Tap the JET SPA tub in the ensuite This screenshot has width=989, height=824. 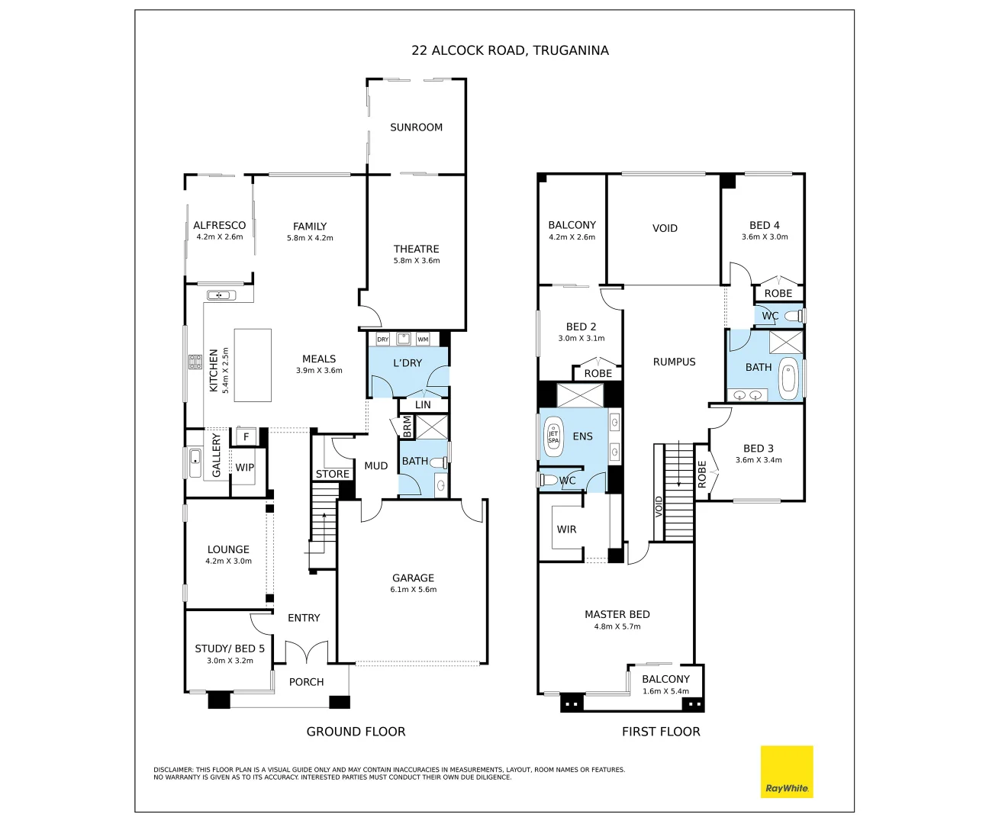pos(552,436)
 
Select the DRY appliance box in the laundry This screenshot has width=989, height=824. pos(383,339)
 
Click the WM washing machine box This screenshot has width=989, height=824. pos(423,339)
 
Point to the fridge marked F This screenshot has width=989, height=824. pos(246,436)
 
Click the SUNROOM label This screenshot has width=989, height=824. pos(417,127)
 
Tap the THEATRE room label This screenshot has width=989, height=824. pos(417,249)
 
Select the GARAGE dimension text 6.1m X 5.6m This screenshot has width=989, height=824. pos(414,590)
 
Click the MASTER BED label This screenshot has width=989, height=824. pos(617,614)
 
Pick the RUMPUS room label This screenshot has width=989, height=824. pos(674,362)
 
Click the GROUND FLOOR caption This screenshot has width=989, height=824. pos(356,732)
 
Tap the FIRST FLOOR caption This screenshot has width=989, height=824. pos(661,732)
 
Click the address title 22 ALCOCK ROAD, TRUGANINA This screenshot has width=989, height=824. pos(510,50)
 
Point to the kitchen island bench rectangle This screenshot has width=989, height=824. pos(253,365)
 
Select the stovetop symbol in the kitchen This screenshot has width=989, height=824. pos(195,362)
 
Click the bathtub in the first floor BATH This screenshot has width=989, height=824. pos(788,378)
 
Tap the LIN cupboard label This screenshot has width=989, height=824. pos(423,405)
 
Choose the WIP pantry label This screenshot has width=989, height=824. pos(244,468)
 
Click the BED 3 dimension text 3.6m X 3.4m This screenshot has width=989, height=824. pos(759,460)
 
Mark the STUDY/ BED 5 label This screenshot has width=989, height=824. pos(230,649)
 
